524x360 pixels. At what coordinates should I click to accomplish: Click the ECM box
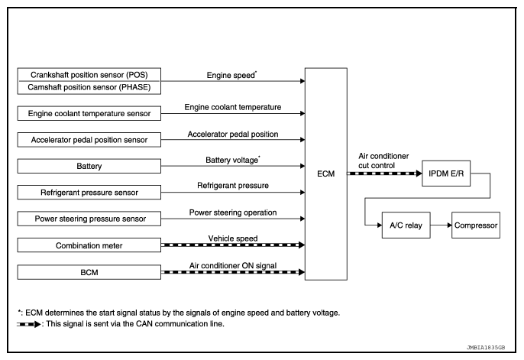coord(326,174)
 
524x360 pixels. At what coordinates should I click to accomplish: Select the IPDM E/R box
coord(446,174)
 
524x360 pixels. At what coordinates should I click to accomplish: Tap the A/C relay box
coord(406,225)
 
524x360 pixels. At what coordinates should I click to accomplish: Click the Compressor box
coord(476,225)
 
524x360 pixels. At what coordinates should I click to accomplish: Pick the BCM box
coord(89,272)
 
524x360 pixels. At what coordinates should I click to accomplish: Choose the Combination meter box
coord(89,245)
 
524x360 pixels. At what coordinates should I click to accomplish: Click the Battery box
coord(89,166)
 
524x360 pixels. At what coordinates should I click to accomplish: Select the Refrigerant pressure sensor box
coord(89,192)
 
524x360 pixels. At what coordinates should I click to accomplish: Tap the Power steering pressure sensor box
coord(89,219)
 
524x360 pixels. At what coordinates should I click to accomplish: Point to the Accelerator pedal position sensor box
coord(89,140)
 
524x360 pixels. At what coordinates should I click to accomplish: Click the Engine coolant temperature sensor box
coord(89,113)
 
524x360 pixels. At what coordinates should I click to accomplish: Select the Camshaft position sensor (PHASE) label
coord(89,87)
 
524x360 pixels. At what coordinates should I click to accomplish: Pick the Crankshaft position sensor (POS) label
coord(89,75)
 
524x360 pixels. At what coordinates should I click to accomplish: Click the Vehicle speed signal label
coord(233,238)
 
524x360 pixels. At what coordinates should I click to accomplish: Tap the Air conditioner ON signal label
coord(233,266)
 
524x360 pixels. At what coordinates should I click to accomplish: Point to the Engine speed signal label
coord(231,75)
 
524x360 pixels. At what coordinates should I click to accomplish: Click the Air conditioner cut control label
coord(383,161)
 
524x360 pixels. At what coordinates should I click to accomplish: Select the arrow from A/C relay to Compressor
coord(442,225)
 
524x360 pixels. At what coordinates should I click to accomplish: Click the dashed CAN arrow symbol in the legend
coord(29,324)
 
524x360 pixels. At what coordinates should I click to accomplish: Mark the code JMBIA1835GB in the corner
coord(486,348)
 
